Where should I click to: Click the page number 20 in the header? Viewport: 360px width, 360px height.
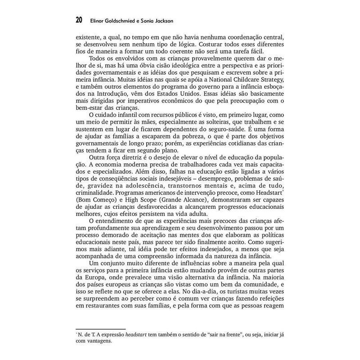pos(79,20)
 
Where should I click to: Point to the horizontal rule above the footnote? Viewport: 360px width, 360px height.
pos(100,329)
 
